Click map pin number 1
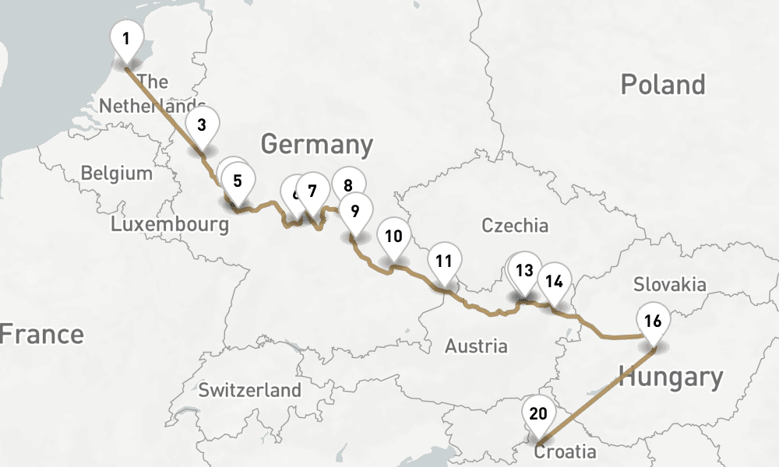[x=126, y=37]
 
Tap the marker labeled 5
[x=238, y=181]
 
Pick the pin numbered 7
[x=313, y=191]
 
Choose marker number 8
[x=348, y=184]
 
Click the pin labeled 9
[x=355, y=211]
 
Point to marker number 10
[x=393, y=237]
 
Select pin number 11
[x=444, y=261]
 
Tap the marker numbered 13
[x=524, y=271]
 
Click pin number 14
[x=554, y=281]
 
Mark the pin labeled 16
[x=653, y=320]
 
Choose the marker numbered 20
[x=538, y=413]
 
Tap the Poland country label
[x=663, y=85]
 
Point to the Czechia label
[x=515, y=226]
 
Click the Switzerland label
[x=249, y=390]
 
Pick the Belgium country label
[x=117, y=173]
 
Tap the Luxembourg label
[x=170, y=225]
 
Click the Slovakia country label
[x=669, y=284]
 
